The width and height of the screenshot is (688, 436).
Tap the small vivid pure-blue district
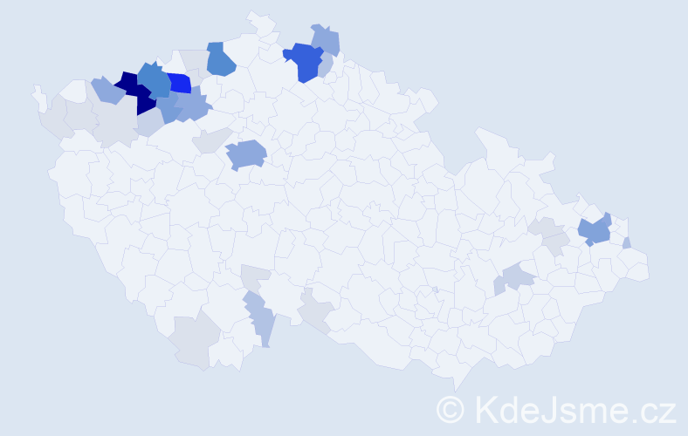(179, 84)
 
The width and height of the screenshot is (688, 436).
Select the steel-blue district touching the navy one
(155, 79)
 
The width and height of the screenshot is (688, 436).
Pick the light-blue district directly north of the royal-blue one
(327, 39)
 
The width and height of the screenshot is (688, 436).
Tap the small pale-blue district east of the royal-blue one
(326, 66)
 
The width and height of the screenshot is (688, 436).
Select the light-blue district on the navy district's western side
(107, 89)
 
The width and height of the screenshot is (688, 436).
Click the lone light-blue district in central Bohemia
(246, 154)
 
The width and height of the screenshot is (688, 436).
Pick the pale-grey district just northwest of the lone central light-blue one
(212, 140)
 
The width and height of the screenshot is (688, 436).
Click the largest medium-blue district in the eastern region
(595, 230)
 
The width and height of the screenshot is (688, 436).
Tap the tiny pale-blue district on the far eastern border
(628, 242)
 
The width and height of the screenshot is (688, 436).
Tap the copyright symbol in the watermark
(451, 408)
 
